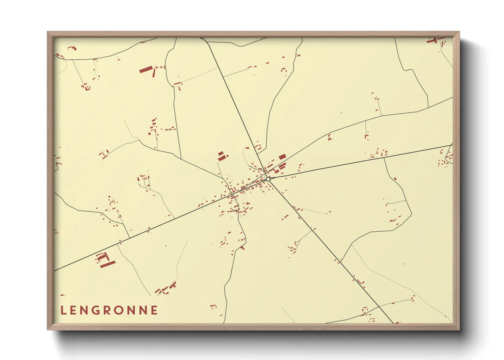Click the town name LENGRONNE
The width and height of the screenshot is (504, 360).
click(x=109, y=310)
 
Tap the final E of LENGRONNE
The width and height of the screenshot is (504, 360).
click(x=155, y=310)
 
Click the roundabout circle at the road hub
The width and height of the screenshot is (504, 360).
click(x=268, y=179)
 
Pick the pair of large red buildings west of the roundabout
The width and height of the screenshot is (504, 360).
click(x=222, y=156)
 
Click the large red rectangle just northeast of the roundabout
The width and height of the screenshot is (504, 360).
click(x=282, y=157)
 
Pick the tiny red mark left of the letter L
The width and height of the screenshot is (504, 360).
click(x=62, y=295)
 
